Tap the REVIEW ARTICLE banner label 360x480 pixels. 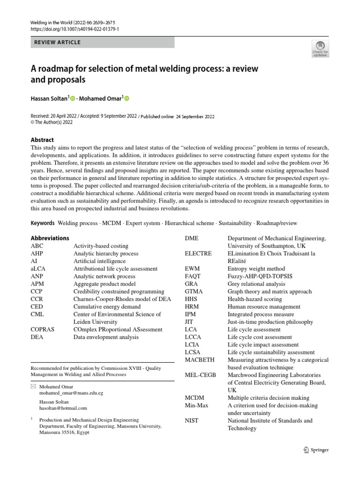coord(58,42)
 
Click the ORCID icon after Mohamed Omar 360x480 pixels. coord(126,98)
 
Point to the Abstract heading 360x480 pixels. coord(42,140)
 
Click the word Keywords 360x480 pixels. coord(43,224)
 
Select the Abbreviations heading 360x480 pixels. coord(50,238)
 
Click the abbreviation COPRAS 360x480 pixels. coord(43,330)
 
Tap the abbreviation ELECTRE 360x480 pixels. coord(198,254)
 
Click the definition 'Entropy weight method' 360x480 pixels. coord(256,269)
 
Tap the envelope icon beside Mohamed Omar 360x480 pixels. coord(33,387)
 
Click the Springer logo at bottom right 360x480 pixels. coord(316,450)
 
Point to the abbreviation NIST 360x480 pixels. coord(192,420)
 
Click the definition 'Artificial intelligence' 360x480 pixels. coord(99,261)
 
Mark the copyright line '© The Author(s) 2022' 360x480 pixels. coord(52,122)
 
